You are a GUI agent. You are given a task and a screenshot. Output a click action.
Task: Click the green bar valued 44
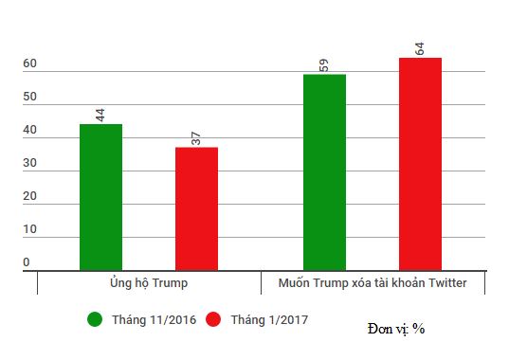[100, 197]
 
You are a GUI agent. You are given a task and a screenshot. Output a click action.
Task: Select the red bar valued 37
[196, 208]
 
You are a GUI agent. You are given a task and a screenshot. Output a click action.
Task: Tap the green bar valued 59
[324, 172]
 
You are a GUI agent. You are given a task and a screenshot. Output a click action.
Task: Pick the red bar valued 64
[420, 164]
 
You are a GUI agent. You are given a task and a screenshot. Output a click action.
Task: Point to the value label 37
[196, 138]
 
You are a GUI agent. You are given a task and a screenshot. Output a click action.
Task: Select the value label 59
[324, 65]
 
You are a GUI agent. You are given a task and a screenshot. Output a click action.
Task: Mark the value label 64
[420, 48]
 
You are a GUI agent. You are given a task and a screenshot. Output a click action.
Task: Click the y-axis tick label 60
[30, 64]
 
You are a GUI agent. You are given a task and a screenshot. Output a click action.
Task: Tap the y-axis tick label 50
[30, 98]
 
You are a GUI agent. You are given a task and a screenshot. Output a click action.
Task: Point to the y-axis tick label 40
[30, 131]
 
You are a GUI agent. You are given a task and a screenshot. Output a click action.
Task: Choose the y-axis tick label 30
[30, 164]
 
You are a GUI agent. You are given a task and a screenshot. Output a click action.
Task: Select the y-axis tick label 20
[30, 197]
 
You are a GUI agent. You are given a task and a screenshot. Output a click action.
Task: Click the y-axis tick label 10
[30, 230]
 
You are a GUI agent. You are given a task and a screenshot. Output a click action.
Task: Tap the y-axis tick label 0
[27, 262]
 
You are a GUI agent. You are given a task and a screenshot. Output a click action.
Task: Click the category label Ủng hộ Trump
[149, 283]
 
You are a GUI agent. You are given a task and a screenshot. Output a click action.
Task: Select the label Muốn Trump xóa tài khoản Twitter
[372, 283]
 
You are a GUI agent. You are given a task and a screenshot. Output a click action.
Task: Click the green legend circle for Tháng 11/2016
[95, 320]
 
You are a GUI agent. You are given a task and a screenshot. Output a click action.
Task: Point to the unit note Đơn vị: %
[396, 329]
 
